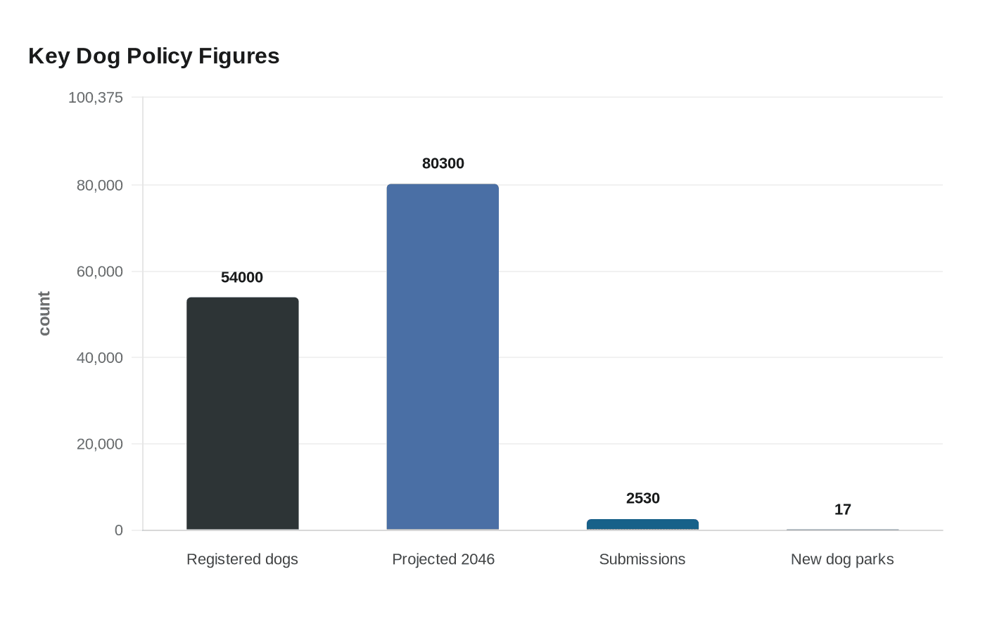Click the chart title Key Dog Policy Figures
click(x=153, y=56)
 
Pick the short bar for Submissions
click(x=642, y=525)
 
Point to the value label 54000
click(x=242, y=278)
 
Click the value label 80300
click(x=443, y=164)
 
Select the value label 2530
click(x=642, y=499)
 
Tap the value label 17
click(x=842, y=510)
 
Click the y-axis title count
click(x=44, y=314)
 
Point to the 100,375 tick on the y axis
click(x=95, y=98)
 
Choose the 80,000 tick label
click(x=99, y=186)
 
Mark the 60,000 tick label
click(x=99, y=272)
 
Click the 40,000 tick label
click(x=99, y=358)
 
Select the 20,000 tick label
click(x=99, y=445)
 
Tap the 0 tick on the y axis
click(x=118, y=530)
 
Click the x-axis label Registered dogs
click(x=242, y=559)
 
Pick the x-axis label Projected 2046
click(x=443, y=559)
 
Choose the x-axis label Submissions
click(x=642, y=559)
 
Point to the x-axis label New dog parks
click(x=842, y=559)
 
